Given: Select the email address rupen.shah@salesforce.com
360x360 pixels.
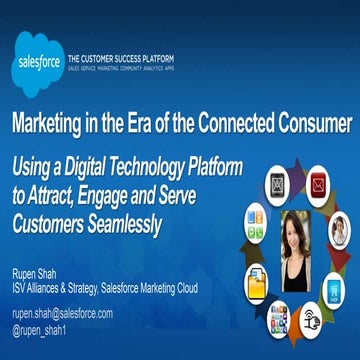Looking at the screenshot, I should [x=62, y=313].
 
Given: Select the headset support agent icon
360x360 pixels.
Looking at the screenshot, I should [x=339, y=229].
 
